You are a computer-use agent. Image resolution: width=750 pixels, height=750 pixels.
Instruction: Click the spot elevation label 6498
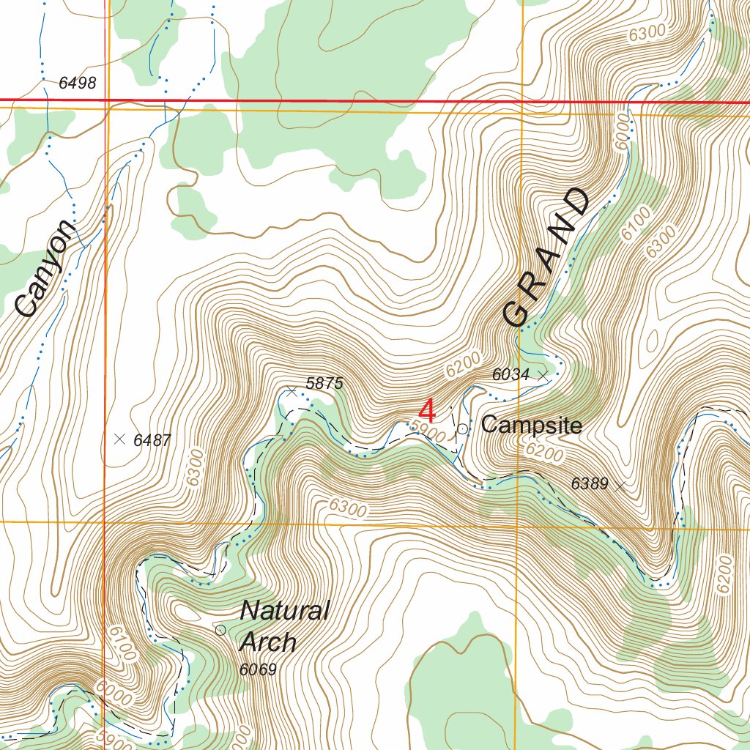pos(77,83)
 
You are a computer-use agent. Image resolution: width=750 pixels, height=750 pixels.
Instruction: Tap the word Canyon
pos(45,269)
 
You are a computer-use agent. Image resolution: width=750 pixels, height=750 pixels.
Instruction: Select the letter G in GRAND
pos(516,313)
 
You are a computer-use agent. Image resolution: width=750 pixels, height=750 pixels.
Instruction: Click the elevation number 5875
pos(324,383)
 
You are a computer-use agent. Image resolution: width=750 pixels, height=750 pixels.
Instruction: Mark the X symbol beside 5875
pos(292,392)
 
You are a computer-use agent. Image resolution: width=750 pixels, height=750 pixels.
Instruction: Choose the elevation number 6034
pos(510,375)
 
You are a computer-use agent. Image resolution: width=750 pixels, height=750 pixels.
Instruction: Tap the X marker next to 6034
pos(543,374)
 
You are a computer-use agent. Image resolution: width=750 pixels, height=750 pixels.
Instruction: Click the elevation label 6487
pos(152,440)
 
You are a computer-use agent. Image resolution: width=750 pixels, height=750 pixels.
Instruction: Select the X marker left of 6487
pos(120,439)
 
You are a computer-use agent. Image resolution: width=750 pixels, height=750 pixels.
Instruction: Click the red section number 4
pos(427,411)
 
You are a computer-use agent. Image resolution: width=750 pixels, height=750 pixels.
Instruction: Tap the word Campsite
pos(532,426)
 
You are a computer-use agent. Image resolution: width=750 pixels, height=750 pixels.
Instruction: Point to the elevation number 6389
pos(590,483)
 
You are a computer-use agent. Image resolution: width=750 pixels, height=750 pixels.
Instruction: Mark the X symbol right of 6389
pos(620,485)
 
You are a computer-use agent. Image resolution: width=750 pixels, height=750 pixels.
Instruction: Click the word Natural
pos(285,610)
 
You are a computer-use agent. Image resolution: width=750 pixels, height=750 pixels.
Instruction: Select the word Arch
pos(268,642)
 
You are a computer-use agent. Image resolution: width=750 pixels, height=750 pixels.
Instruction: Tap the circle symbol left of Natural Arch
pos(220,630)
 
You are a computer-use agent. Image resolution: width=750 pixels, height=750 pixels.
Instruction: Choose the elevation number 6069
pos(258,669)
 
